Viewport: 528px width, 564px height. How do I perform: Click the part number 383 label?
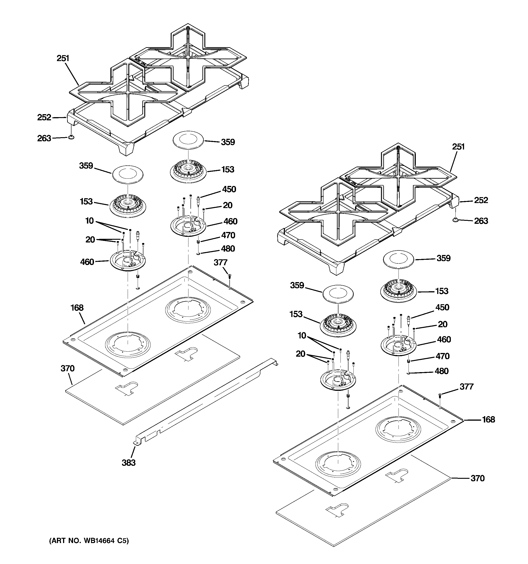click(128, 463)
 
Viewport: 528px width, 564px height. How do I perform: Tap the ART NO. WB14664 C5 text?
click(89, 541)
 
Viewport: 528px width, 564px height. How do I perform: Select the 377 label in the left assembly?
click(220, 263)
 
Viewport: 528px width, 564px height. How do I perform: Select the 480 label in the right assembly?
click(442, 371)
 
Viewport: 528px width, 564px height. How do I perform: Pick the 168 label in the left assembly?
click(77, 308)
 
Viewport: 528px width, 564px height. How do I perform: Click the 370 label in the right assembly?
click(477, 478)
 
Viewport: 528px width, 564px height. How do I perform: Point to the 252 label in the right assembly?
click(481, 200)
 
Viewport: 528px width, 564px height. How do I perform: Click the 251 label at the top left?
click(63, 58)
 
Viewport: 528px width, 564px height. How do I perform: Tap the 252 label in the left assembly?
click(44, 117)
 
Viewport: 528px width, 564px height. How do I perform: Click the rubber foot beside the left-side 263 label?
click(71, 137)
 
